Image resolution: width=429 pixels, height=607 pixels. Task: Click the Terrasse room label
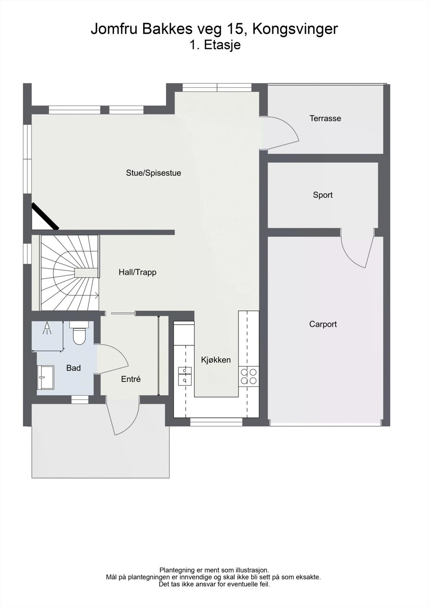(x=325, y=118)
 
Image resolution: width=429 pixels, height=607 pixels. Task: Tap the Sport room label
(x=322, y=195)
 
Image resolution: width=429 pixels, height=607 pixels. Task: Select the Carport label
(x=323, y=324)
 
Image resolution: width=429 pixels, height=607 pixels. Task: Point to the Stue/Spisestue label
(x=153, y=173)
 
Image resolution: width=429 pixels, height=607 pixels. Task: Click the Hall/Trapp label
(x=137, y=272)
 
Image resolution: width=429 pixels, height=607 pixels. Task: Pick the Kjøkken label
(x=215, y=360)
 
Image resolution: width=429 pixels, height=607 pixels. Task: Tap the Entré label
(x=131, y=379)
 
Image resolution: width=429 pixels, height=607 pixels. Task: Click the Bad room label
(x=73, y=368)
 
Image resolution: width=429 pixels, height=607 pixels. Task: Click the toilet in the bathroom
(x=79, y=333)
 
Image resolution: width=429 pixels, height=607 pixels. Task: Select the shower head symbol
(x=47, y=329)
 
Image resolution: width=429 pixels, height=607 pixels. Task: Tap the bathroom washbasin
(x=45, y=377)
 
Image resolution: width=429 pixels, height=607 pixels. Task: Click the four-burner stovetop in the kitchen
(x=248, y=376)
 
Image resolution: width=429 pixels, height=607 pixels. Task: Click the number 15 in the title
(x=237, y=29)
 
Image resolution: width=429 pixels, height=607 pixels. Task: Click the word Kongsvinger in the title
(x=295, y=29)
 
